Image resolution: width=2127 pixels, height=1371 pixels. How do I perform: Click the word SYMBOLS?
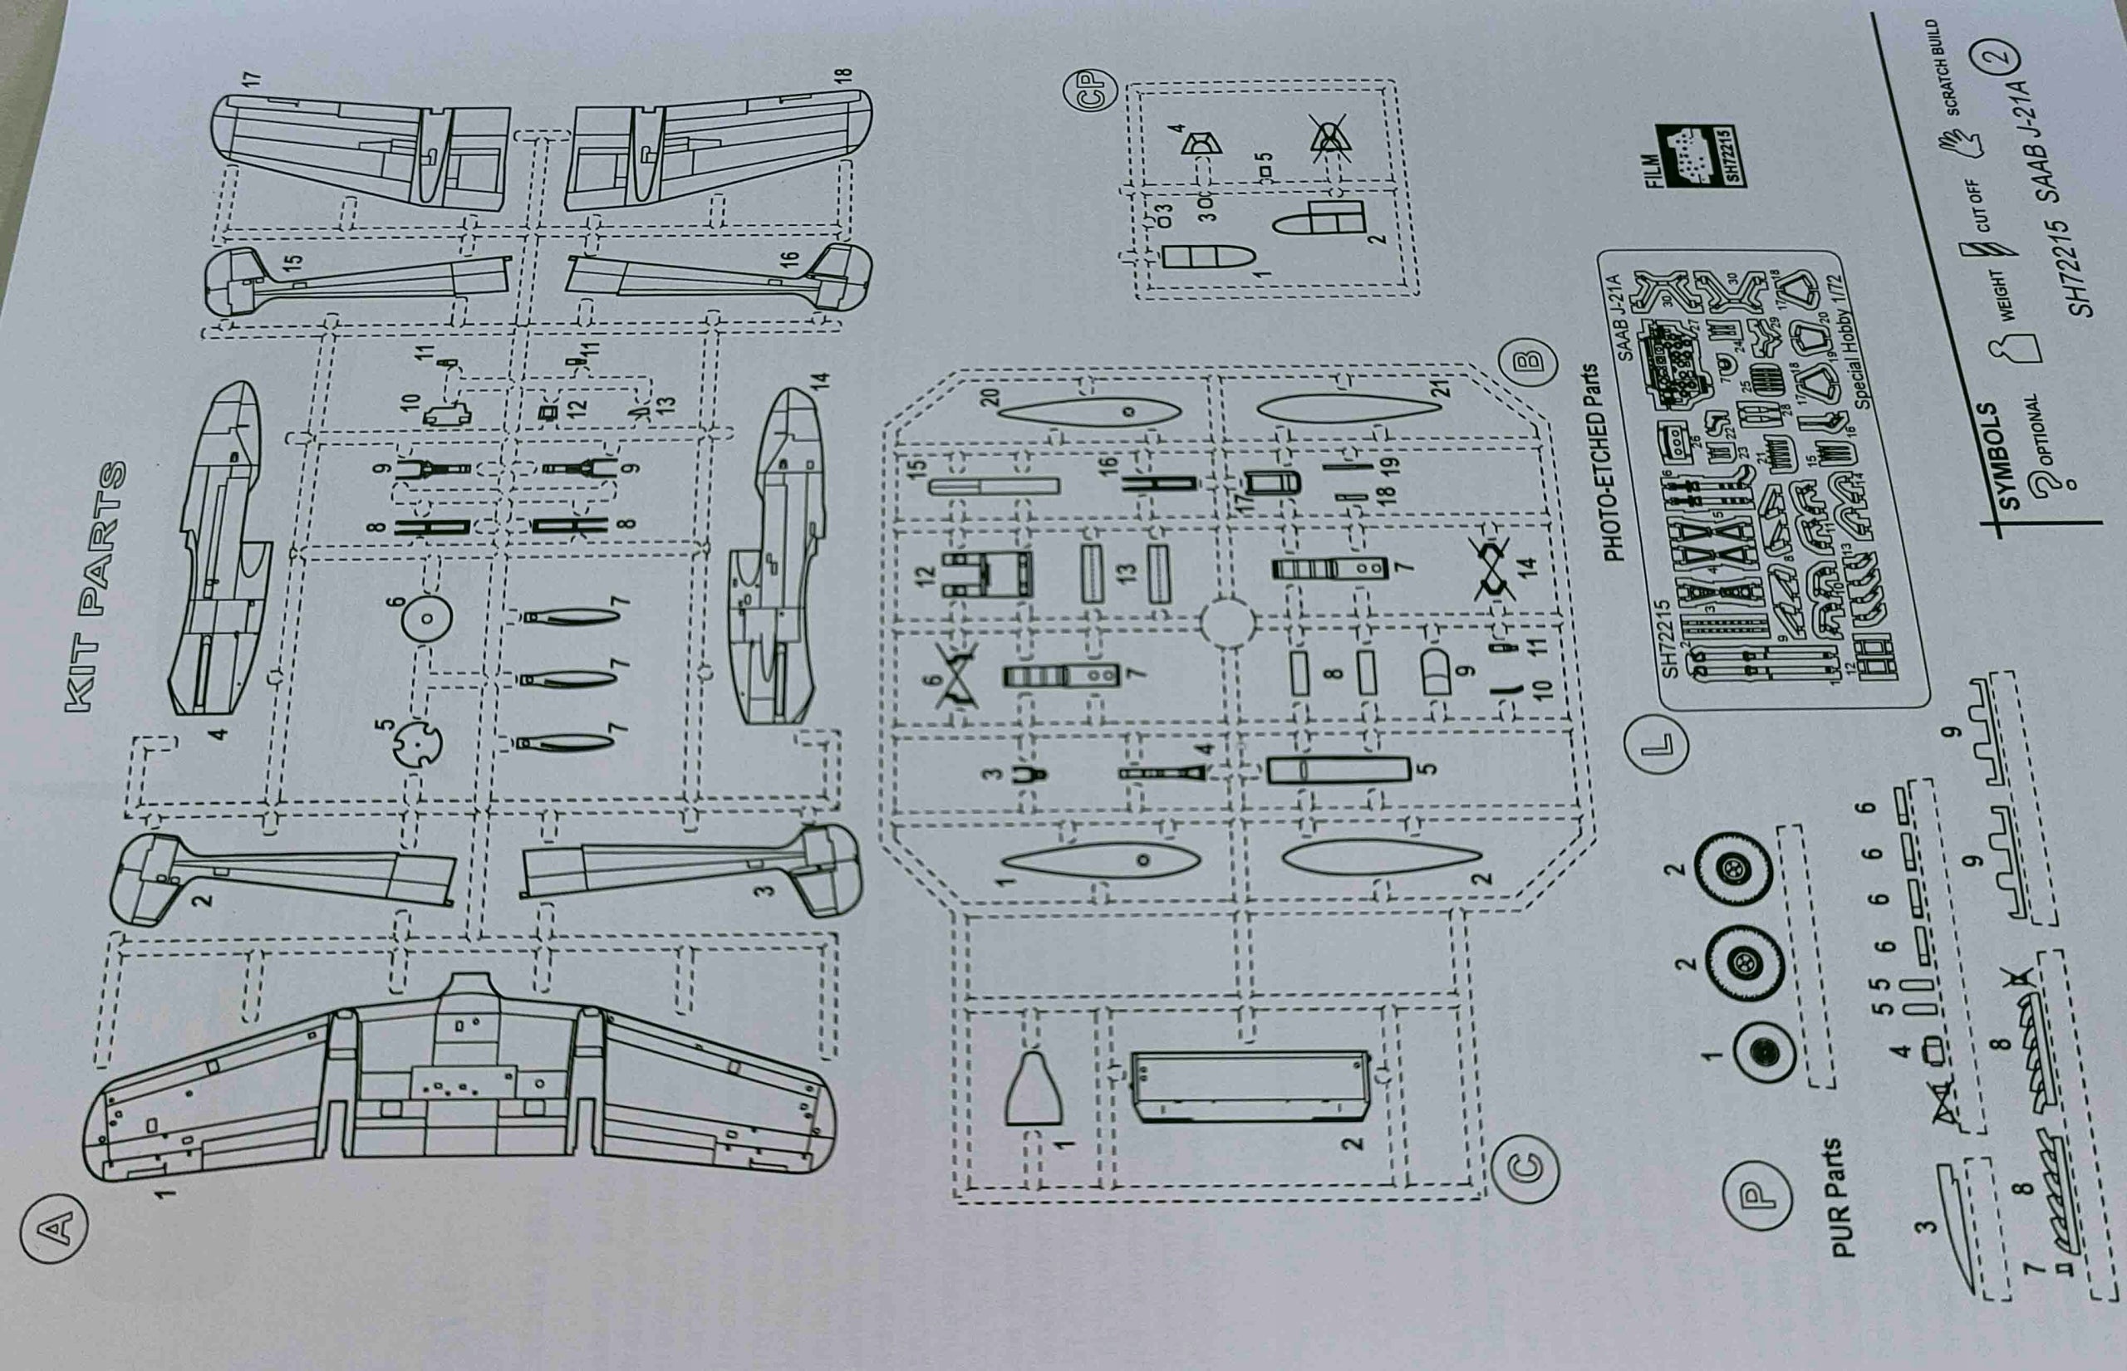[2008, 457]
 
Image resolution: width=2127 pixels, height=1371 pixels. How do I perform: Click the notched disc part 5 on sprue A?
[416, 744]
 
